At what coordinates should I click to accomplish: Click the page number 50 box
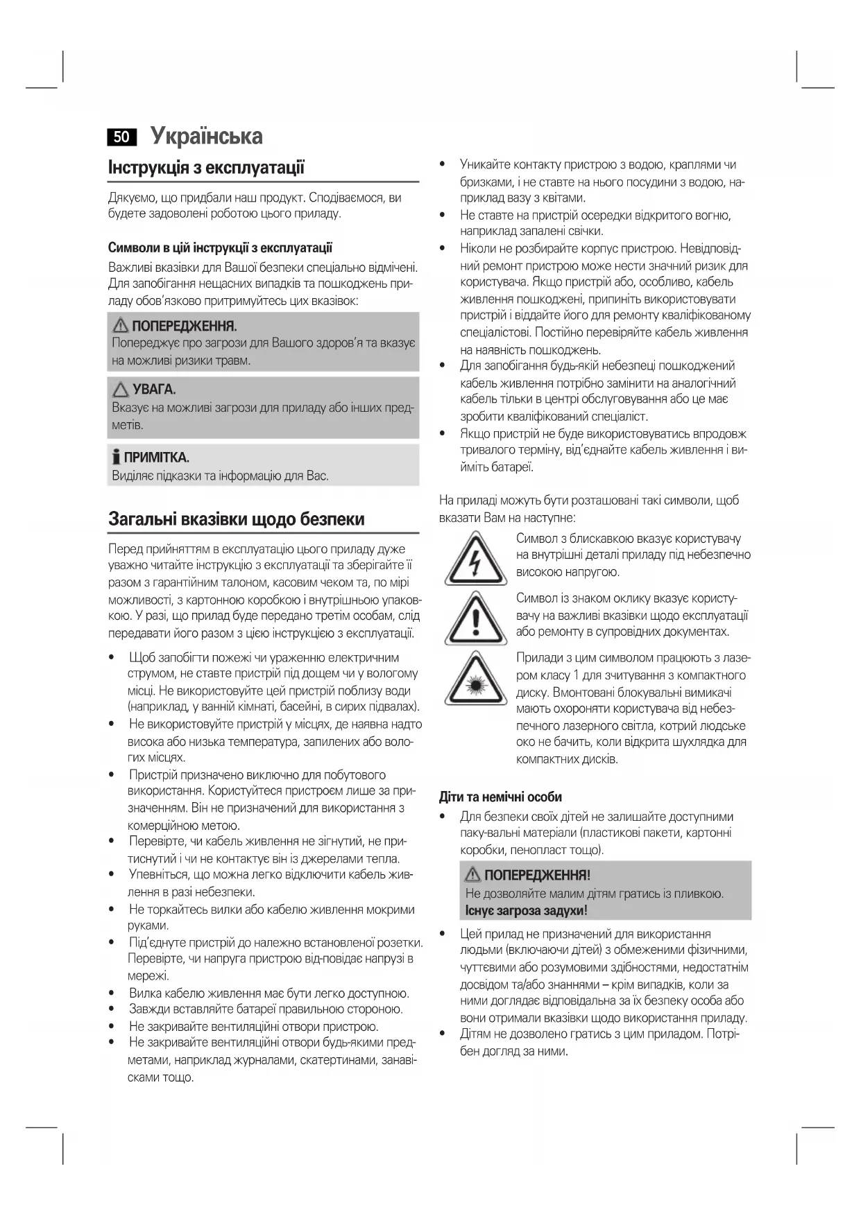pos(121,137)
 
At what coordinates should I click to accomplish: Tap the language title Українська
pos(207,136)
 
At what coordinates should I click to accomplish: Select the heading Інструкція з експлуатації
pos(206,167)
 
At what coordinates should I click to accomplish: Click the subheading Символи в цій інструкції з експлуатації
pos(220,247)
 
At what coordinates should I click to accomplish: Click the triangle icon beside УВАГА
pos(121,390)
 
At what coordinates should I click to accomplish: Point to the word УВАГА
pos(154,390)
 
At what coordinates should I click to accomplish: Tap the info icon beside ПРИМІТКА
pos(116,458)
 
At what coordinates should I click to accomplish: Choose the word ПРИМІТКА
pos(156,458)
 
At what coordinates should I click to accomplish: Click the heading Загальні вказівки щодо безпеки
pos(236,519)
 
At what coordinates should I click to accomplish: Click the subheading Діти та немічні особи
pos(500,797)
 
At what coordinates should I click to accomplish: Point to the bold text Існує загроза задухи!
pos(526,910)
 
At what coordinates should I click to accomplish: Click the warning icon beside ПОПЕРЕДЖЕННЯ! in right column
pos(473,875)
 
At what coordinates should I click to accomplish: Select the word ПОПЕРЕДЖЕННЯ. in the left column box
pos(184,326)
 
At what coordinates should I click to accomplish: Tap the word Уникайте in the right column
pos(484,165)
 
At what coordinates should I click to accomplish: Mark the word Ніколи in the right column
pos(477,248)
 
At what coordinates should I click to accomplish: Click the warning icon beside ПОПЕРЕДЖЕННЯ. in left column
pos(121,325)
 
